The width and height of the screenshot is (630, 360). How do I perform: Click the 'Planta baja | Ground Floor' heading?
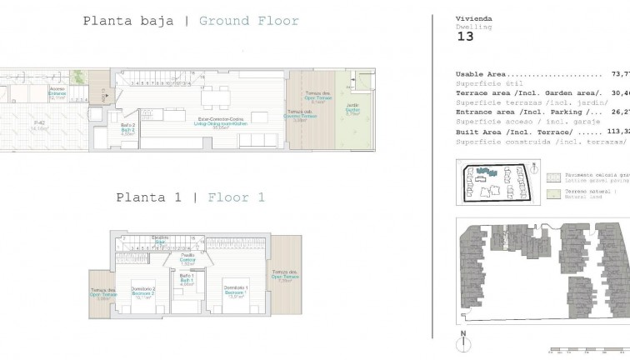click(x=191, y=21)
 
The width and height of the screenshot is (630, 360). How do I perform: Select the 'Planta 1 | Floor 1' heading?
click(x=190, y=197)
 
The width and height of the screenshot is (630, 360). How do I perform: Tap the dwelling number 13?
click(x=466, y=36)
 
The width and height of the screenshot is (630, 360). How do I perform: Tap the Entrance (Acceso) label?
click(x=57, y=92)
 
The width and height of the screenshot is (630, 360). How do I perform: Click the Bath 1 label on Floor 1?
click(x=187, y=280)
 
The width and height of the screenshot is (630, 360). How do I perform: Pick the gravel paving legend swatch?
click(x=553, y=177)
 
